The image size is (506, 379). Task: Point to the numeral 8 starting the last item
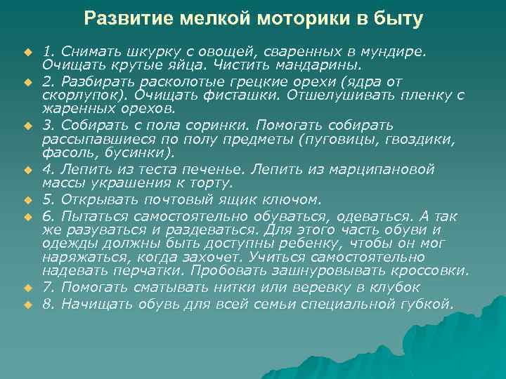coord(46,303)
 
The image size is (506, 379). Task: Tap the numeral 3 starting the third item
coord(46,126)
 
